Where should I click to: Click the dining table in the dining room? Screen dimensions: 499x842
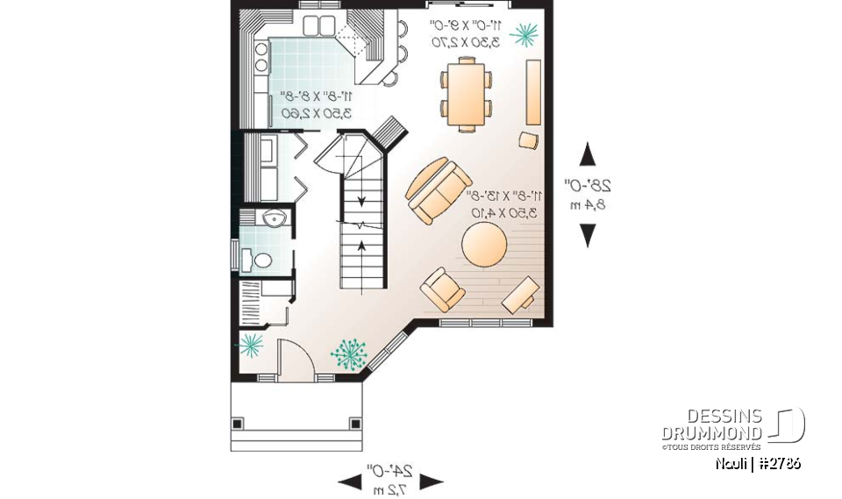tap(466, 94)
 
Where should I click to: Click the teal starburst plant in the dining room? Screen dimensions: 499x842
tap(525, 34)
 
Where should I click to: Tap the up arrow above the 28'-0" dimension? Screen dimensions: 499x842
tap(588, 156)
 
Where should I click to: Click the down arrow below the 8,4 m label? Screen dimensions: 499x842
tap(588, 235)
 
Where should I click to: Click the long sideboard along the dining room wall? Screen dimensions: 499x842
tap(532, 92)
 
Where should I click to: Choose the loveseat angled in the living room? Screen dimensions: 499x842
tap(436, 189)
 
